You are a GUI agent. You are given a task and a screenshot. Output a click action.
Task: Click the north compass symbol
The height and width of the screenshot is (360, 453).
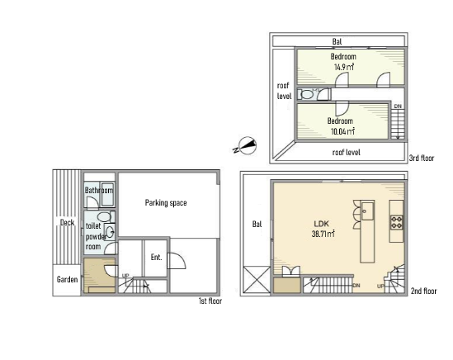point(245,145)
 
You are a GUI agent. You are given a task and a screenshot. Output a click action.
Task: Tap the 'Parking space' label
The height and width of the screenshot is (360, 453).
point(166,202)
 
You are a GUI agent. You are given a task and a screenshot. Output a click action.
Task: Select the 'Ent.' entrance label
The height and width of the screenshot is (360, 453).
point(156,257)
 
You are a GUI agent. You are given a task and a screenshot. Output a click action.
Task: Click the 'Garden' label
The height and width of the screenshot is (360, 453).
point(67,279)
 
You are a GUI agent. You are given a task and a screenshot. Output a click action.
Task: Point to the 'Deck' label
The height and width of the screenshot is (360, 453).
point(68,222)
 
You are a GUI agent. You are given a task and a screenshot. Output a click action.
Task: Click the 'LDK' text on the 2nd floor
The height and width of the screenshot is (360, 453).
point(322,224)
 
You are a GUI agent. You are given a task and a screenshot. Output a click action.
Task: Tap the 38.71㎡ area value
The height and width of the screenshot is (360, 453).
point(323,234)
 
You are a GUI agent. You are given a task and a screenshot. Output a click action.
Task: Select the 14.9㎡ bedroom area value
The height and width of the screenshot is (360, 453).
point(344,67)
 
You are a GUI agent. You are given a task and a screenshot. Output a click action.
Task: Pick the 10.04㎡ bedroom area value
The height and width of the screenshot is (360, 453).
point(342,131)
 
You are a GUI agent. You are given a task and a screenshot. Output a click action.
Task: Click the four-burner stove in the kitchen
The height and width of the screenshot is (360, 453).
point(397,222)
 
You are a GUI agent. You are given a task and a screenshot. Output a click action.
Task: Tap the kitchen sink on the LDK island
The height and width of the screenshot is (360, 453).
point(367,211)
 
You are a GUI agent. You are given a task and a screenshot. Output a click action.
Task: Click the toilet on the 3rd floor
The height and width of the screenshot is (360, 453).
point(306,94)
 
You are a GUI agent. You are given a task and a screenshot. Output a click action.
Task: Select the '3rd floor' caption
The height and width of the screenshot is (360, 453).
point(422,159)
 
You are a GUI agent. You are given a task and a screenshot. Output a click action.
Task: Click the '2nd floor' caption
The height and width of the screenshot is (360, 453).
point(424,291)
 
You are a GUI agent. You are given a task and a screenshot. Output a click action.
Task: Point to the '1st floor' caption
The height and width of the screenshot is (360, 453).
point(210,301)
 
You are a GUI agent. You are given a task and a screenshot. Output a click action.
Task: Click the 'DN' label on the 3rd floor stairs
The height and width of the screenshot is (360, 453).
point(398,107)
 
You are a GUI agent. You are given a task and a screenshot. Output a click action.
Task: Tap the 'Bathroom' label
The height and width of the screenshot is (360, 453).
point(99,190)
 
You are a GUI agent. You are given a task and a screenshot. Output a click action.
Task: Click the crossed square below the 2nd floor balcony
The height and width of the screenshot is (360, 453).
point(257,279)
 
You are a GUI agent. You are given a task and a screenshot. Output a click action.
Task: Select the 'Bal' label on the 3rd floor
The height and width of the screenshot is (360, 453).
point(337,41)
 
